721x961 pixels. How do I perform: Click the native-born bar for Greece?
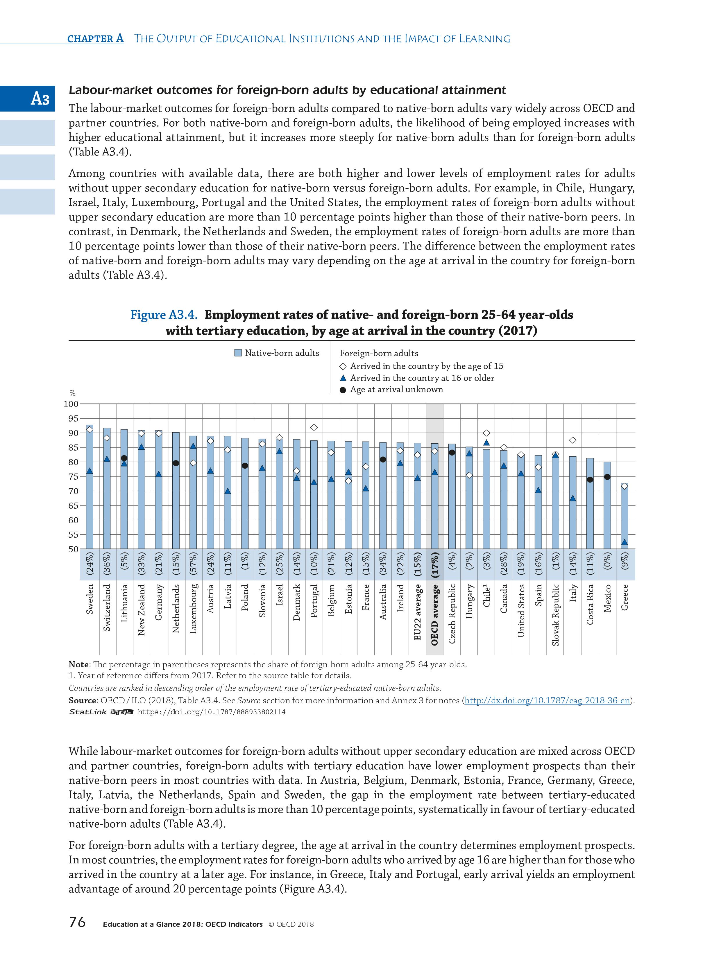[x=624, y=517]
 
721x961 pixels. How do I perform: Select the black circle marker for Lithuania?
[x=124, y=458]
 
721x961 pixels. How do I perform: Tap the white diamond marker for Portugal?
[x=314, y=428]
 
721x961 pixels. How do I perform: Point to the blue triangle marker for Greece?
[x=624, y=542]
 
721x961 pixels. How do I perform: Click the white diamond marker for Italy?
[x=572, y=440]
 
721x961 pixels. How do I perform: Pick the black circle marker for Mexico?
[x=607, y=477]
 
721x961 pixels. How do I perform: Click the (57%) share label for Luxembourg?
[x=193, y=565]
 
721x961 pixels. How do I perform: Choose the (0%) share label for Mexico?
[x=607, y=565]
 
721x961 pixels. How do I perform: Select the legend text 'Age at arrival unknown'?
[x=396, y=389]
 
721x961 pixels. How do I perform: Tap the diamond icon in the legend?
[x=343, y=366]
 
